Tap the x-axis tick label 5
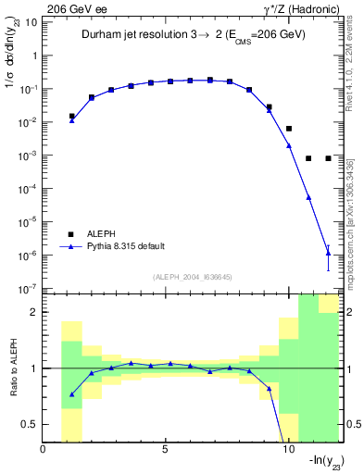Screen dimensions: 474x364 [165, 451]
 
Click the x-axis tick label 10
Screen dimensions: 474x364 [286, 451]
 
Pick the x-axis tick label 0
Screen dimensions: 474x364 [44, 451]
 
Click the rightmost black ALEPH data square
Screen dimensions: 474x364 [329, 158]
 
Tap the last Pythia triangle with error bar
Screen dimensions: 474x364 [329, 253]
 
